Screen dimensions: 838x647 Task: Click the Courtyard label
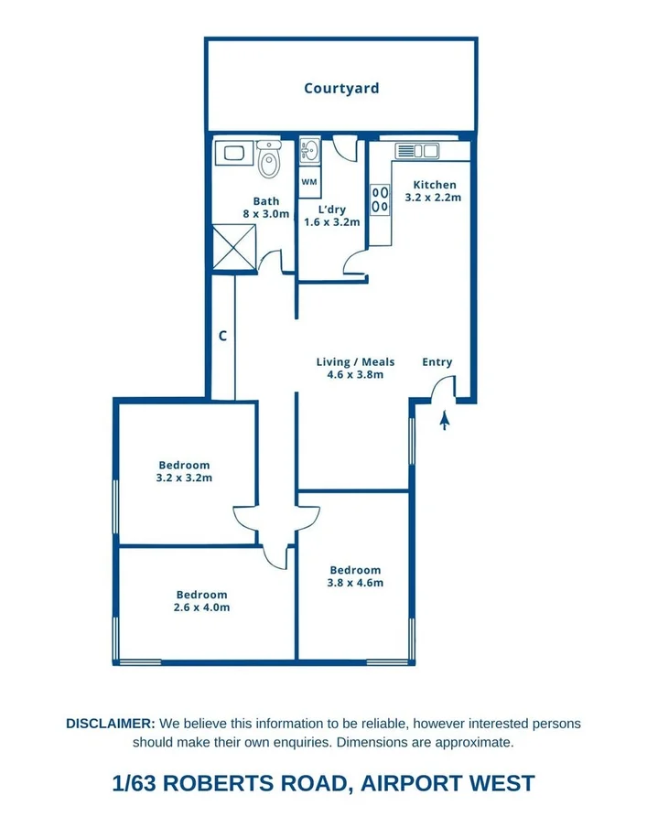point(341,89)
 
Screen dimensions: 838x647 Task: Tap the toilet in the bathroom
point(268,162)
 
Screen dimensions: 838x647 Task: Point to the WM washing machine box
point(309,182)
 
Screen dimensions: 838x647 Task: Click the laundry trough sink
point(309,150)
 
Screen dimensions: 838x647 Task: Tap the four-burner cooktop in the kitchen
point(380,200)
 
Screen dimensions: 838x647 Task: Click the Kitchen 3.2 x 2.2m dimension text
point(434,197)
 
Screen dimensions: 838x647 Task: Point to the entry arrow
point(445,421)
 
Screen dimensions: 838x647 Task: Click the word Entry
point(437,362)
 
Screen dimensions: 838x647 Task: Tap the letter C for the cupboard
point(222,336)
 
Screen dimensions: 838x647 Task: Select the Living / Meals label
point(355,362)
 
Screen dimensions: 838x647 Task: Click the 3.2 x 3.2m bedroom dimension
point(184,478)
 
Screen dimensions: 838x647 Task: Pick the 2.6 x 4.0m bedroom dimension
point(201,607)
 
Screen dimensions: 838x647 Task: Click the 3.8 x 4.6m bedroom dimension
point(356,583)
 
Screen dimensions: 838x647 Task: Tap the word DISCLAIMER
point(111,724)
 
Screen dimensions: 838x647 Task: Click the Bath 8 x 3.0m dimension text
point(266,214)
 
